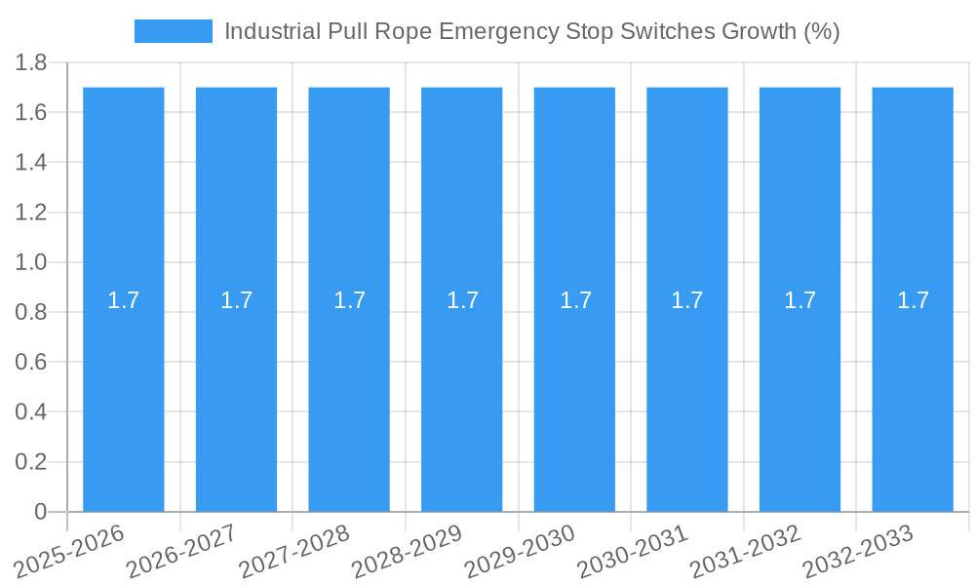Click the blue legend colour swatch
[x=174, y=31]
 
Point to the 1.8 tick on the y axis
[x=31, y=62]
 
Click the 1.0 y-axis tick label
[x=31, y=262]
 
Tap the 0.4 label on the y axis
[x=31, y=412]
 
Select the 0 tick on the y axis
[x=41, y=512]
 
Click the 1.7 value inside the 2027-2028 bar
[x=349, y=300]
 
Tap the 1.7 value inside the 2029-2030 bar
[x=575, y=300]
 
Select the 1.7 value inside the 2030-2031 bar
[x=686, y=300]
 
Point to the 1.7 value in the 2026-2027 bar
[x=236, y=300]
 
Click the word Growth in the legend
[x=759, y=31]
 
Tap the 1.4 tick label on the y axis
[x=31, y=163]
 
